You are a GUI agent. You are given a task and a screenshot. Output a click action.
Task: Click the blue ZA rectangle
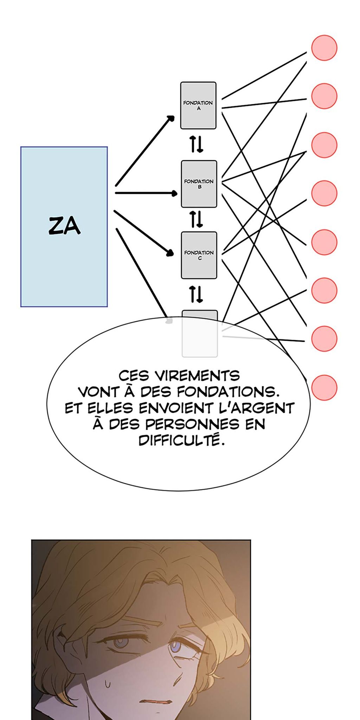64,226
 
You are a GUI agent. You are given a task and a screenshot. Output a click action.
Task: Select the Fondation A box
198,105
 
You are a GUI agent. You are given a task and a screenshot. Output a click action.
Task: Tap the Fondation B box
199,184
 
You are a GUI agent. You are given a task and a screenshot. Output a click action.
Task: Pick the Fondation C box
199,255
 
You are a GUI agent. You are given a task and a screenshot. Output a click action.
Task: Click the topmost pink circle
324,48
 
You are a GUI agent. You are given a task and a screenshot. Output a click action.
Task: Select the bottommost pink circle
324,387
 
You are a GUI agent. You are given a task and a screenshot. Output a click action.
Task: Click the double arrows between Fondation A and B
197,144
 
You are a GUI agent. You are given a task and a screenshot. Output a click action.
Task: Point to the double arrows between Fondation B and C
197,219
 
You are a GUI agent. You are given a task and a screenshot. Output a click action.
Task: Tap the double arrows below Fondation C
197,294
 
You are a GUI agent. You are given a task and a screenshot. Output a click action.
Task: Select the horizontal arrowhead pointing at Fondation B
174,193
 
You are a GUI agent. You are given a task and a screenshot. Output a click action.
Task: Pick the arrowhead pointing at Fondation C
171,252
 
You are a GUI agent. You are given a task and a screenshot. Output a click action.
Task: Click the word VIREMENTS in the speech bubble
197,376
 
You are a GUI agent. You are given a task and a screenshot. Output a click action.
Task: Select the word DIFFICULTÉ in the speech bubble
181,440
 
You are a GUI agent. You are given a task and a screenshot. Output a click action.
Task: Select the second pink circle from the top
324,96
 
